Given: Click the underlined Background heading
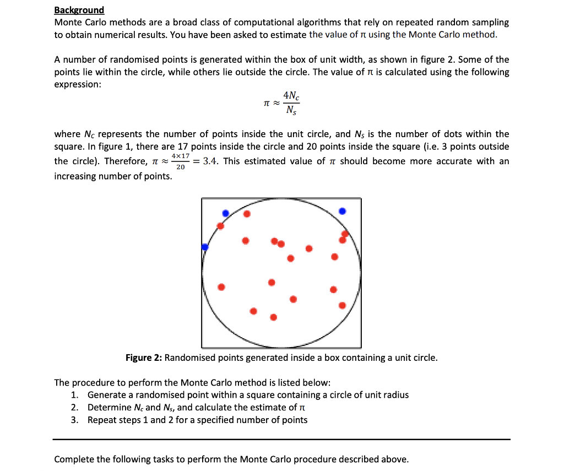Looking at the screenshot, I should click(x=79, y=10).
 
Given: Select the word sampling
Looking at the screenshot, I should click(x=489, y=23).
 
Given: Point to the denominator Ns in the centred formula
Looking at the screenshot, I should click(x=292, y=110).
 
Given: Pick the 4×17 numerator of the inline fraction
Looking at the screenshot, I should click(x=181, y=156).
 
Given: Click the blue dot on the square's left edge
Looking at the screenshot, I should click(x=205, y=247).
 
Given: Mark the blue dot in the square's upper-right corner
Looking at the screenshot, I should click(x=343, y=211).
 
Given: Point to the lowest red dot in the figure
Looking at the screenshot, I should click(x=273, y=317).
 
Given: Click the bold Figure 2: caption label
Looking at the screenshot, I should click(x=144, y=358).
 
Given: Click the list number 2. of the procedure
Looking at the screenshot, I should click(x=75, y=408).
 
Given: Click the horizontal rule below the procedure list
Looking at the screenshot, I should click(x=281, y=439).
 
